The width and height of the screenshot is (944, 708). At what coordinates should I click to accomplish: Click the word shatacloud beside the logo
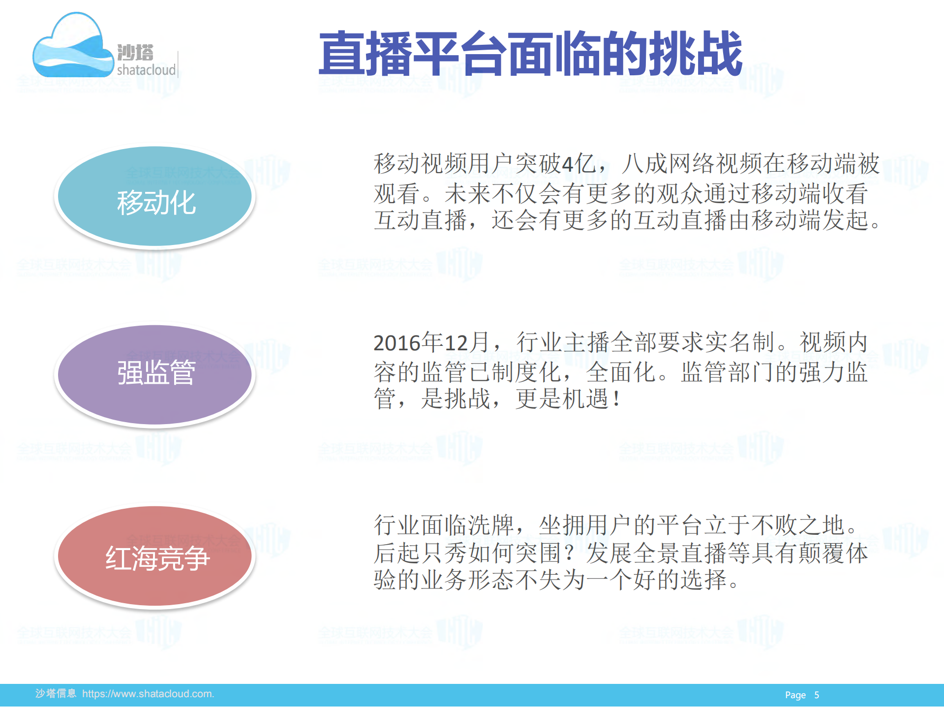click(x=146, y=70)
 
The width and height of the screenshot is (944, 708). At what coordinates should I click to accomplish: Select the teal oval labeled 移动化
click(x=155, y=196)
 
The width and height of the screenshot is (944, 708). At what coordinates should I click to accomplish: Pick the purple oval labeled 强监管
click(x=155, y=374)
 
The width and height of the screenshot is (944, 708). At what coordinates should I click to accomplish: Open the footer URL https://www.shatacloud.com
click(x=148, y=694)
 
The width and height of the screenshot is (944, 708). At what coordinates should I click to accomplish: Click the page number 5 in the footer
click(x=817, y=695)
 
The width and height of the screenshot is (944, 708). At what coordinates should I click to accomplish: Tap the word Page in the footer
click(x=795, y=695)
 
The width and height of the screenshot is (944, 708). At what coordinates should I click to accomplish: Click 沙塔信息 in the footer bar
click(x=56, y=694)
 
